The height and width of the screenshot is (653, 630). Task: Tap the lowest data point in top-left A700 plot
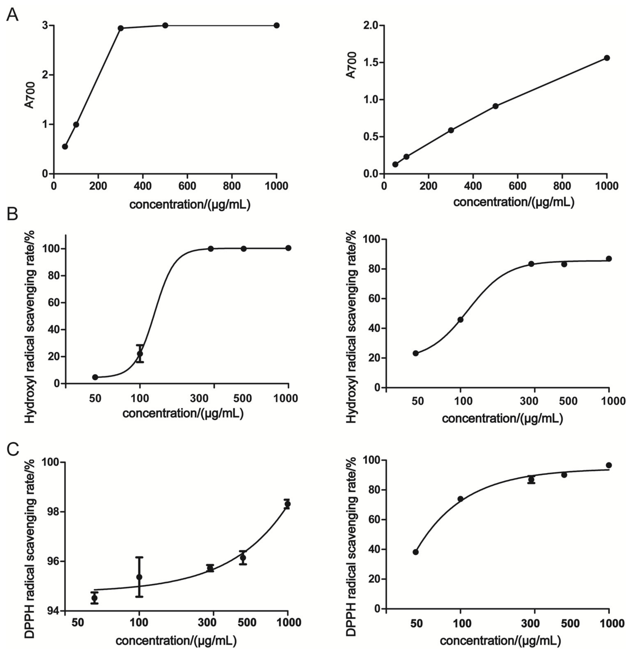[65, 147]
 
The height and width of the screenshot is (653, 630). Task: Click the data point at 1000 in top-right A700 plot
[607, 58]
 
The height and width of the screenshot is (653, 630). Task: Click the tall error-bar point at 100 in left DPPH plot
[139, 577]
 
